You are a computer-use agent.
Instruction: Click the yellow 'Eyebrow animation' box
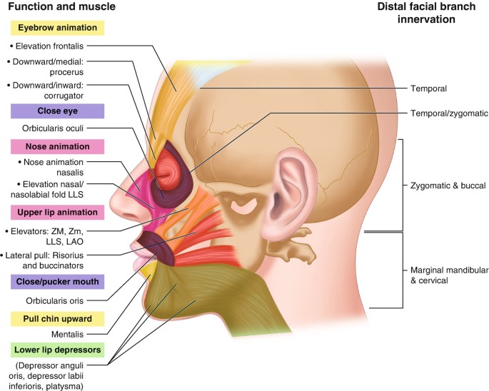coord(57,28)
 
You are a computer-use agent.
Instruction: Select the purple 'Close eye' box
coord(57,111)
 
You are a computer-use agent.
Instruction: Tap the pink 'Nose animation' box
coord(57,147)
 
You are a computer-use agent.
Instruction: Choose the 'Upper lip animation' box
coord(57,212)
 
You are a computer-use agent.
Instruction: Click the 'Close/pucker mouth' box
coord(57,281)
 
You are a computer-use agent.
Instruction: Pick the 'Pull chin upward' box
coord(57,318)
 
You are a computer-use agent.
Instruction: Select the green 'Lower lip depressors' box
coord(57,350)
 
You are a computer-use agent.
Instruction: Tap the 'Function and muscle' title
coord(59,7)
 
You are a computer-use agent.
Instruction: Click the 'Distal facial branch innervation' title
coord(428,14)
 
